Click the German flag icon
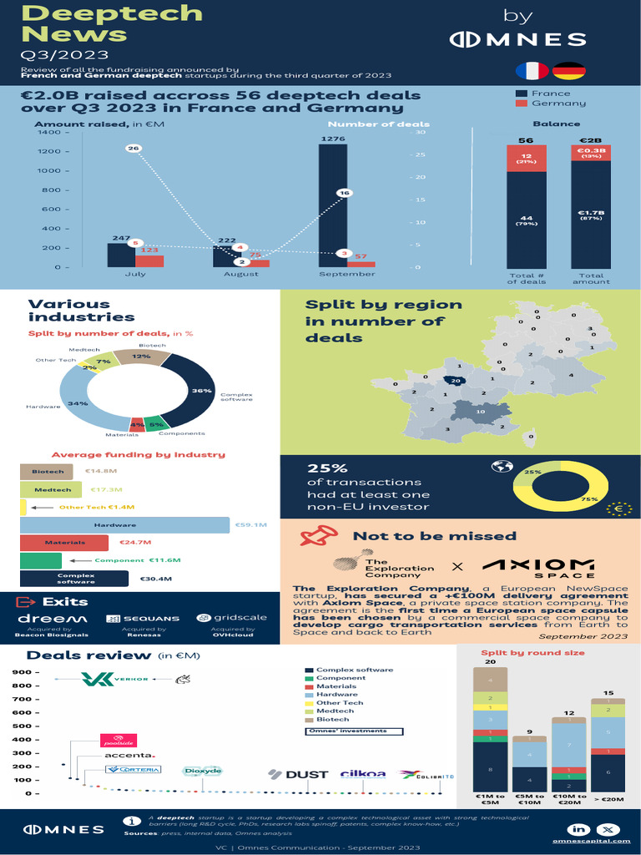click(x=569, y=70)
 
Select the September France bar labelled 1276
click(x=333, y=205)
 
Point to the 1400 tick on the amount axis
click(x=48, y=133)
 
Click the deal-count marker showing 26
click(x=133, y=148)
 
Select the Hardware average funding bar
click(x=124, y=525)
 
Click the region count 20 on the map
click(x=456, y=381)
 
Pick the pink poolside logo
click(x=118, y=740)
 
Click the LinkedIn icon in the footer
click(x=579, y=828)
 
